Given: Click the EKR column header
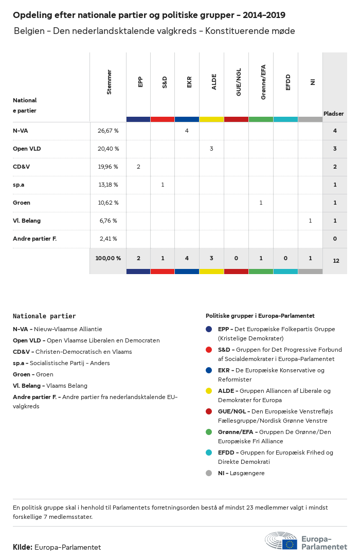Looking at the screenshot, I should point(189,82).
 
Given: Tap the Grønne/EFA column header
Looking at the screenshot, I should point(263,82).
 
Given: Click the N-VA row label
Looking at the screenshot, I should point(21,131).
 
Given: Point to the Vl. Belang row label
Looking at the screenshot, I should point(27,221).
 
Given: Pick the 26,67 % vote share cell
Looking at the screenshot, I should point(108,131).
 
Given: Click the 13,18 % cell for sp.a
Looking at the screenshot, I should point(108,185).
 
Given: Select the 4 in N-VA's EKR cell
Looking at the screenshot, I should point(187,131).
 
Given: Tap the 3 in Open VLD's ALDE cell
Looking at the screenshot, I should point(211,149).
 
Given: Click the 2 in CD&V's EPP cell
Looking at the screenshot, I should point(138,167).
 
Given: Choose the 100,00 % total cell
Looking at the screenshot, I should point(108,258).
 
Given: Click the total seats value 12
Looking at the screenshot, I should point(336,261).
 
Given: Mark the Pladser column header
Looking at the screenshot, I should point(334,114).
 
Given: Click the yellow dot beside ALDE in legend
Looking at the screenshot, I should point(209,391).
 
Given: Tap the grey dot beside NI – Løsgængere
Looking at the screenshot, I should point(209,473).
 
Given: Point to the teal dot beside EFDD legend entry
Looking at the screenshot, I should point(209,453).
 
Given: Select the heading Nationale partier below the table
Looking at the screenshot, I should point(44,316).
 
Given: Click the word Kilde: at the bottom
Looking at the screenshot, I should point(23,547).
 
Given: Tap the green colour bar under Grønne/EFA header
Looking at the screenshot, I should point(261,119).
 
